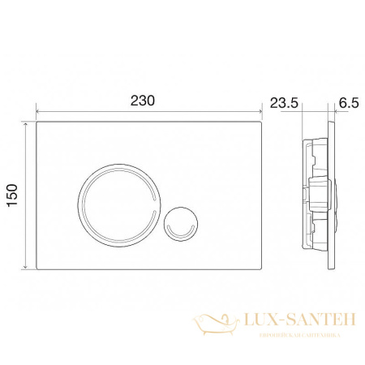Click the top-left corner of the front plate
[x=36, y=123]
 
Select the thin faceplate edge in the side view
[x=333, y=197]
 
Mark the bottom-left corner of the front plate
[x=36, y=270]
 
